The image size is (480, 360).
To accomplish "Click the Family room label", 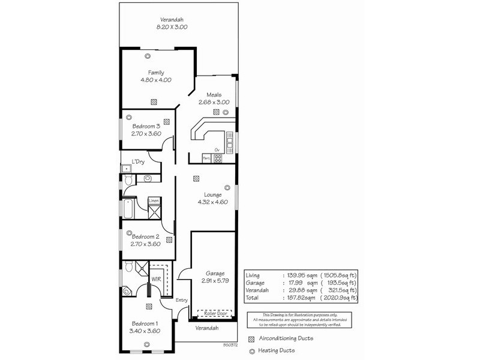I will point(156,73).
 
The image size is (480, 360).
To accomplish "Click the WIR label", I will point(155,279).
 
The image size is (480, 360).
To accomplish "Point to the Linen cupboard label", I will point(154,200).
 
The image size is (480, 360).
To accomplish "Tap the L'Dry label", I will point(138,161).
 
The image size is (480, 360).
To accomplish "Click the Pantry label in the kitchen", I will point(206,158).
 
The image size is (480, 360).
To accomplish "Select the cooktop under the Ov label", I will point(218,158).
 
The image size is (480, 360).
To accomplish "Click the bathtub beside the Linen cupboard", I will point(129,210).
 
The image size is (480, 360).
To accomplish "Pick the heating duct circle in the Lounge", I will point(226,186).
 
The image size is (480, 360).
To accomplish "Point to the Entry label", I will point(182,301).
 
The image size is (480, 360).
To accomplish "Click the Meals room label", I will point(214,95).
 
